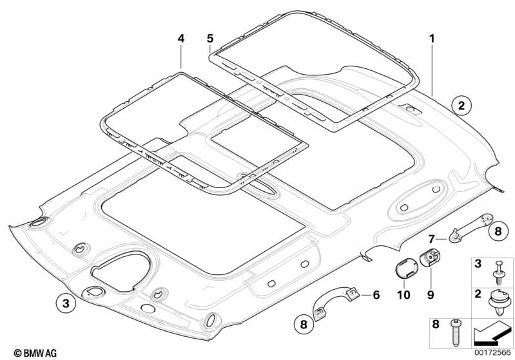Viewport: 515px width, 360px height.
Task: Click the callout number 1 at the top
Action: [x=432, y=39]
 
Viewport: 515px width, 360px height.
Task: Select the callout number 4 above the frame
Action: [x=181, y=39]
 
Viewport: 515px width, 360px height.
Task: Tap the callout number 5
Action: [x=210, y=39]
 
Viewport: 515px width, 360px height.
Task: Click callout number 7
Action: [x=432, y=238]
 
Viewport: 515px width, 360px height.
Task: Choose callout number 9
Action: [x=430, y=296]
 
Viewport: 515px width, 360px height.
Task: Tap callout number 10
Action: [x=403, y=296]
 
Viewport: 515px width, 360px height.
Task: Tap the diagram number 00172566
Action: [x=492, y=353]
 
